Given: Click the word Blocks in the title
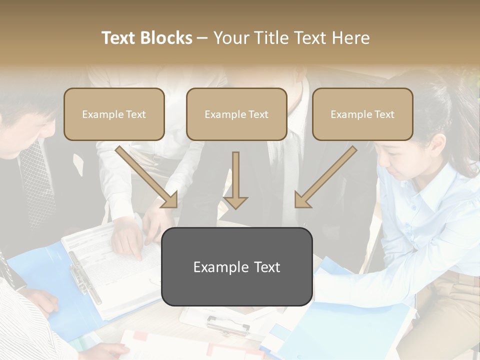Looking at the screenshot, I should point(166,38).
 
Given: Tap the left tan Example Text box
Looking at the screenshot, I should point(114,114).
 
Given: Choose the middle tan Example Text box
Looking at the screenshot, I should point(236,114).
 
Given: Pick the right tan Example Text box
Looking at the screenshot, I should point(362,114).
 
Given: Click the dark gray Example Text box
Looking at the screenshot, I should point(236,267).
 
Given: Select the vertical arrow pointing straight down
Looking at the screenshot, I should point(235,180).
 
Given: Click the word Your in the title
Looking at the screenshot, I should point(229,38).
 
